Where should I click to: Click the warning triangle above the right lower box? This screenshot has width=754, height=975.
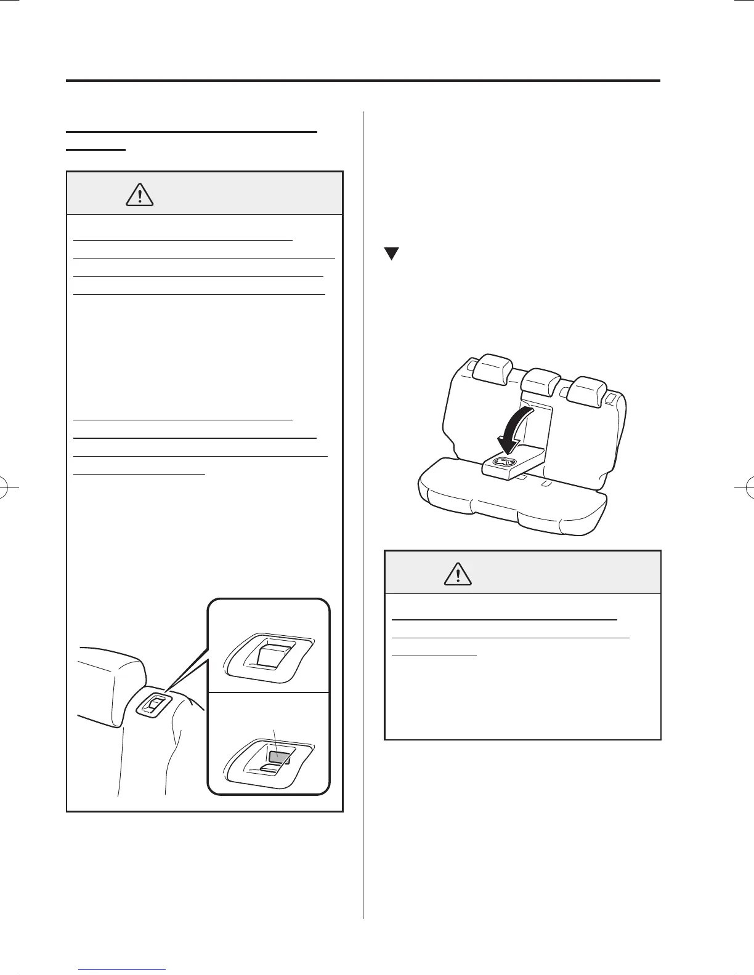(458, 574)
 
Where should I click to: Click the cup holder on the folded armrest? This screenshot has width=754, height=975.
(505, 463)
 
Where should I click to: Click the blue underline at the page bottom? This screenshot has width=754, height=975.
(123, 969)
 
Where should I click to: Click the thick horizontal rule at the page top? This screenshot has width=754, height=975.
(363, 81)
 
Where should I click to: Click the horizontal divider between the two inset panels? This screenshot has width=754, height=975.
(269, 692)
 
